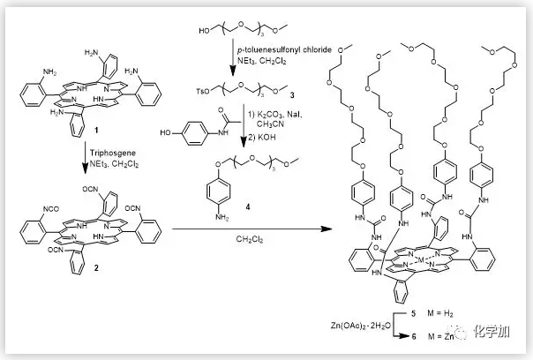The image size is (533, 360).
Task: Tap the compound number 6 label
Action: coord(414,338)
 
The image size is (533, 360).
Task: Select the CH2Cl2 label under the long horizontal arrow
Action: coord(248,237)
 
